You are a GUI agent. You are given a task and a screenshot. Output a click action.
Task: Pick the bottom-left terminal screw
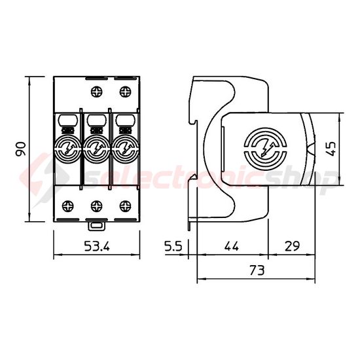pos(67,207)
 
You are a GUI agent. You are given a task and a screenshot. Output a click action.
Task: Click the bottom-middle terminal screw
pos(96,207)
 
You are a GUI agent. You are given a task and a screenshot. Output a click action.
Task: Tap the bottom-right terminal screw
pos(124,207)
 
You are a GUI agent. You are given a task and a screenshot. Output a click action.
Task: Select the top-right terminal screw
pos(124,89)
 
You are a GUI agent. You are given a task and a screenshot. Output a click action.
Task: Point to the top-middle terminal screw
pos(96,89)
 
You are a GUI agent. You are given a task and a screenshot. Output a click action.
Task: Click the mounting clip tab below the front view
pos(96,225)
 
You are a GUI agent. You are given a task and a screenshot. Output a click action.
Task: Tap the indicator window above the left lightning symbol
pos(67,120)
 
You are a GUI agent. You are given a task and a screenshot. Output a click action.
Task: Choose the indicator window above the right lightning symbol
pos(124,120)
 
